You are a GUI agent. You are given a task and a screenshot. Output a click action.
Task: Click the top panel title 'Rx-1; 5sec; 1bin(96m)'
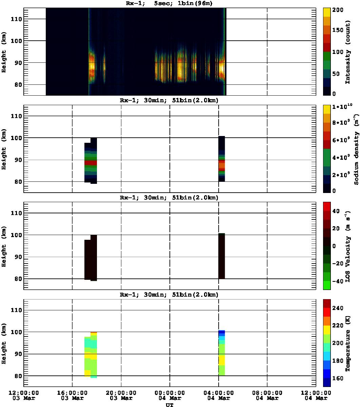169,3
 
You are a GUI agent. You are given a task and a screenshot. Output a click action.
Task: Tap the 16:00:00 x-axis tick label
72,392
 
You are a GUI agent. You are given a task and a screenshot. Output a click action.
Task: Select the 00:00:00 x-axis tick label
169,392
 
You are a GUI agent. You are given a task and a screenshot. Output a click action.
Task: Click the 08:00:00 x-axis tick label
267,392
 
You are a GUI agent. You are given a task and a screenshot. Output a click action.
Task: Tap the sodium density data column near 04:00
222,159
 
